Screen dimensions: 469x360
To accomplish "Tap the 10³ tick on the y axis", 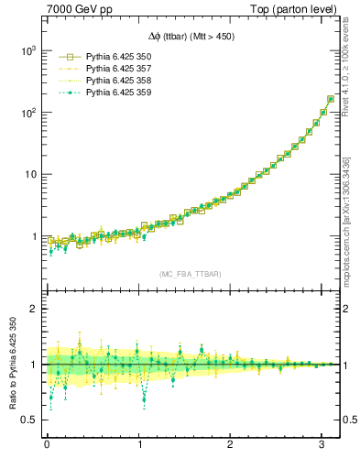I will coord(30,51).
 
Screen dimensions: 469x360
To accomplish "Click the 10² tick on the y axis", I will coord(30,113).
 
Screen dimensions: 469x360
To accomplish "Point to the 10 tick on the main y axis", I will coord(32,174).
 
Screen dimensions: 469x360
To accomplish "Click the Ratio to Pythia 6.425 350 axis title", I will coord(13,364).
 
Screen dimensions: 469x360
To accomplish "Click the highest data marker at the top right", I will coord(330,99).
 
